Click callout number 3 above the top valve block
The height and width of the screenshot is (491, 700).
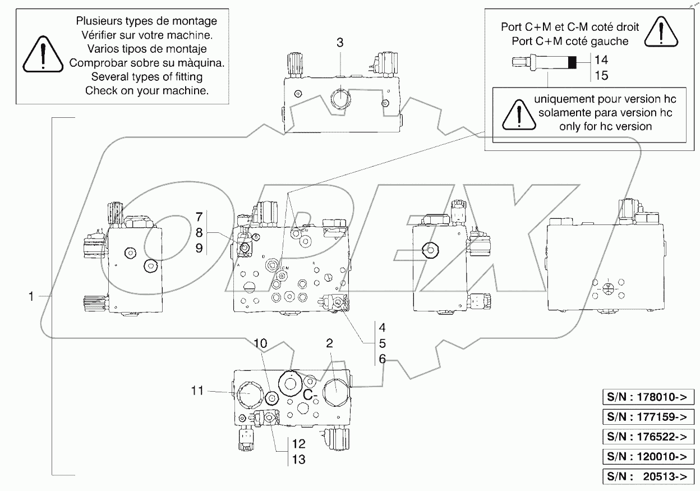(340, 43)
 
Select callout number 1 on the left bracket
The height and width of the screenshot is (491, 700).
(32, 296)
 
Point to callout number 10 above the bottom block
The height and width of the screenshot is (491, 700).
(261, 343)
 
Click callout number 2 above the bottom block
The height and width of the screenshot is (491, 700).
(330, 343)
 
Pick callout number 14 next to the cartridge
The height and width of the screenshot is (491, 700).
(601, 59)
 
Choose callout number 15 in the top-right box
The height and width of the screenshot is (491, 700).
(601, 75)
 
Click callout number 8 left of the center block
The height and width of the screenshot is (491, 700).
(199, 231)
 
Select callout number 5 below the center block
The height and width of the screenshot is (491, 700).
(381, 343)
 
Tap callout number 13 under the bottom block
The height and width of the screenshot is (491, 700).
(298, 460)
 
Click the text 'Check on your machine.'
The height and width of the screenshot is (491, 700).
(147, 90)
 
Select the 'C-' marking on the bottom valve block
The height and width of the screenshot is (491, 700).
(311, 394)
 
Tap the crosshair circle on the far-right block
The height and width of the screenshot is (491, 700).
(607, 290)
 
